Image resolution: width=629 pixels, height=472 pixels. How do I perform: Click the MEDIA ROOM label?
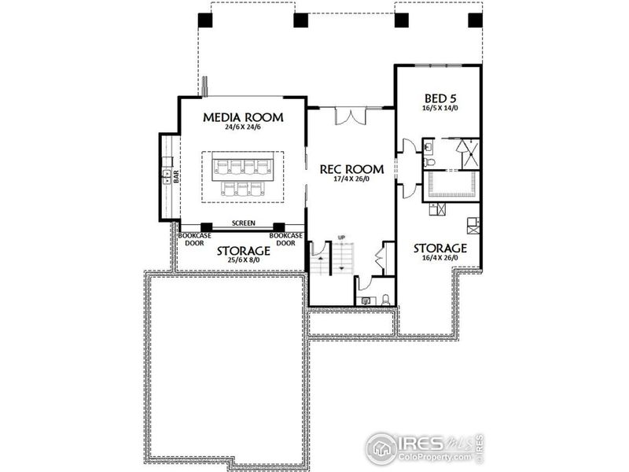click(243, 117)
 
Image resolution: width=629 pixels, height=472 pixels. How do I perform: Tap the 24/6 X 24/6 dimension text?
click(243, 127)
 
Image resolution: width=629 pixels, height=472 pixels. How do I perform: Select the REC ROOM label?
click(351, 169)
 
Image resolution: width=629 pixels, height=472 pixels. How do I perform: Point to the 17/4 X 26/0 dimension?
click(351, 179)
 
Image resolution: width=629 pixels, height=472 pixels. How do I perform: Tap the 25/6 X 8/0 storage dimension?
click(244, 261)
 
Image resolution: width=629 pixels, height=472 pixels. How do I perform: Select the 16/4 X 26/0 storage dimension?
click(440, 259)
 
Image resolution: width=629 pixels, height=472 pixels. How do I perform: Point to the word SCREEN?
click(243, 223)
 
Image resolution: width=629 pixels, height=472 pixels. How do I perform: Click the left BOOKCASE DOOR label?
click(192, 239)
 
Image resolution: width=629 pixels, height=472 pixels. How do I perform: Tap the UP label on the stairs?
click(341, 238)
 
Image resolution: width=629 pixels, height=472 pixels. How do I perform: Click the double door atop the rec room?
click(351, 116)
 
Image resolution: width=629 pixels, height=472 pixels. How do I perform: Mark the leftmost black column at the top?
click(204, 20)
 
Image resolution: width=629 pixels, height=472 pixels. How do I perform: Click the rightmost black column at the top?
click(474, 20)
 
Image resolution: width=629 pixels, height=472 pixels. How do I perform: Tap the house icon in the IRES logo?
click(381, 446)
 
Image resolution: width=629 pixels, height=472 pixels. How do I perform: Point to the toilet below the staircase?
click(385, 299)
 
